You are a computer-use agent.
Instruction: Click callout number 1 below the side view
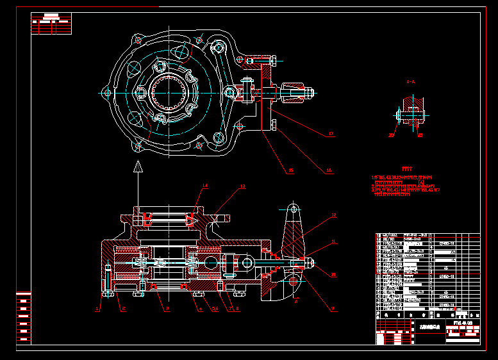tap(97, 309)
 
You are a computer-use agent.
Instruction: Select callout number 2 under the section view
tap(123, 309)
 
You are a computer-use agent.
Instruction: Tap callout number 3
tap(167, 309)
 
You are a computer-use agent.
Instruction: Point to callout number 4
tap(201, 309)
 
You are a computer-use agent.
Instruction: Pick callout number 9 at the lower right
tap(333, 309)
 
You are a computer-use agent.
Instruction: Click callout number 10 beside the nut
tap(333, 274)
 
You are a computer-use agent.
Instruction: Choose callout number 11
tap(333, 242)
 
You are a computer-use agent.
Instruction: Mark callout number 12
tap(333, 215)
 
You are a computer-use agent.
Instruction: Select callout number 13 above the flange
tap(242, 186)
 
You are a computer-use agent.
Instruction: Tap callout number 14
tap(205, 186)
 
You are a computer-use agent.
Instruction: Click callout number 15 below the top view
tap(290, 170)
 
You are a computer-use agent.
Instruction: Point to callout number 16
tap(329, 170)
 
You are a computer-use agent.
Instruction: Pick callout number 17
tap(331, 134)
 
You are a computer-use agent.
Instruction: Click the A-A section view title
tap(410, 82)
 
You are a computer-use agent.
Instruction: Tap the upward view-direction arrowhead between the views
tap(137, 168)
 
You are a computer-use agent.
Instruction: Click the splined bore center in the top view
tap(168, 92)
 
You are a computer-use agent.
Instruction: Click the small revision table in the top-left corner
tap(51, 24)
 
